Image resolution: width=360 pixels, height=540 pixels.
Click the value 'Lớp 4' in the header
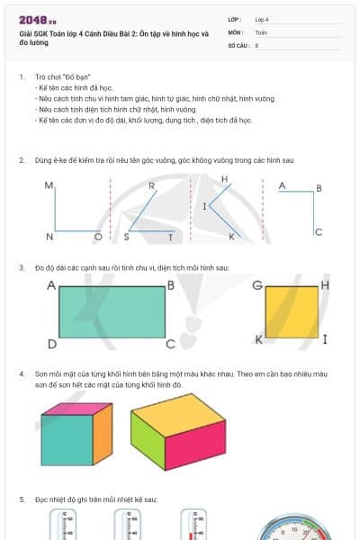click(262, 18)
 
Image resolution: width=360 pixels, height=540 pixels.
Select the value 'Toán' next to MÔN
click(261, 31)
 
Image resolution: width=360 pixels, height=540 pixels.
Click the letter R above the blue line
click(151, 186)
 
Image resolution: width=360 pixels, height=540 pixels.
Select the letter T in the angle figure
click(171, 237)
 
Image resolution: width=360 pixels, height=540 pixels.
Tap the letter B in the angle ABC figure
click(319, 189)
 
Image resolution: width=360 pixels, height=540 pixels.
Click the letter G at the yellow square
click(257, 286)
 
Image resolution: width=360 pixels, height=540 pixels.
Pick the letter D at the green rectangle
click(51, 345)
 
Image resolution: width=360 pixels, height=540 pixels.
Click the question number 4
click(22, 373)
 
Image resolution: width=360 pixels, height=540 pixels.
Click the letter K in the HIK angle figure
click(231, 237)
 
